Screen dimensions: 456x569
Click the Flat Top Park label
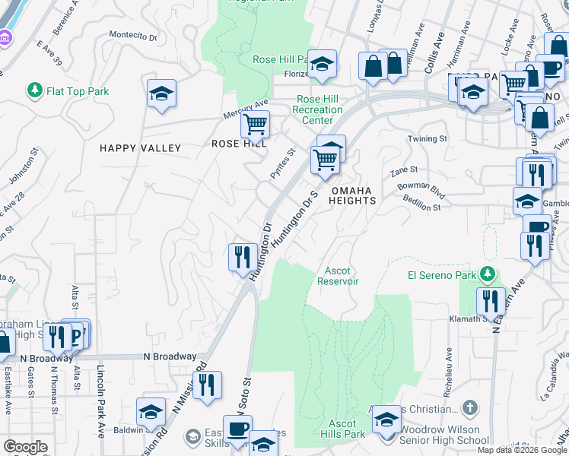click(78, 92)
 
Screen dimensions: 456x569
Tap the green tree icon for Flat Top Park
click(34, 91)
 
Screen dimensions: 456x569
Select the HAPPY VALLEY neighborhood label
click(140, 148)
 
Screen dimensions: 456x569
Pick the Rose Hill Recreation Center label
click(317, 109)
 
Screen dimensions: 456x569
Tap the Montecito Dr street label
click(133, 36)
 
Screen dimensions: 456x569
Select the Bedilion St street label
click(422, 207)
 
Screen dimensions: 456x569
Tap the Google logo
click(25, 447)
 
